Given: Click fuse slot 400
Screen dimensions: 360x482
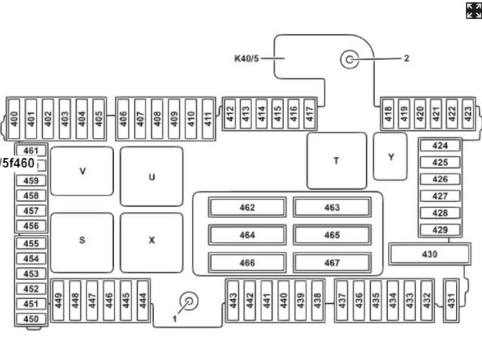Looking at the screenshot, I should (14, 112).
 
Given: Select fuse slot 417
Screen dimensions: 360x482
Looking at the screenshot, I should (310, 112).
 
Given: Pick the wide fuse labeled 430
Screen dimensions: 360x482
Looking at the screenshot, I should (429, 254).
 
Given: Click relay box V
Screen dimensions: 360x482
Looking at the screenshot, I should (82, 171).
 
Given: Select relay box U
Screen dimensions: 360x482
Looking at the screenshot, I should (151, 176).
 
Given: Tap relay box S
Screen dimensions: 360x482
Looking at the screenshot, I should (82, 240).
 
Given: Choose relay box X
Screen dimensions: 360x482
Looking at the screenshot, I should (151, 240).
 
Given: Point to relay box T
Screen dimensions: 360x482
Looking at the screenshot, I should (337, 160).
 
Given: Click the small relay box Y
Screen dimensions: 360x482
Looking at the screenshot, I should (391, 157).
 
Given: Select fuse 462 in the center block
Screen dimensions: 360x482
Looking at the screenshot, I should (247, 207).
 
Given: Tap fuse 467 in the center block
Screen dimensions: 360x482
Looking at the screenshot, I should (332, 263).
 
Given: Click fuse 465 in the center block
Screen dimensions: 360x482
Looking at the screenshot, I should (332, 235).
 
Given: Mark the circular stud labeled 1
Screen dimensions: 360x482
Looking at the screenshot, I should (189, 301).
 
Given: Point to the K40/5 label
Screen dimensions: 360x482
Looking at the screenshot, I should (247, 58).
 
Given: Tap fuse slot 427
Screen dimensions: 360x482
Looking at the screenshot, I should (441, 196).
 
